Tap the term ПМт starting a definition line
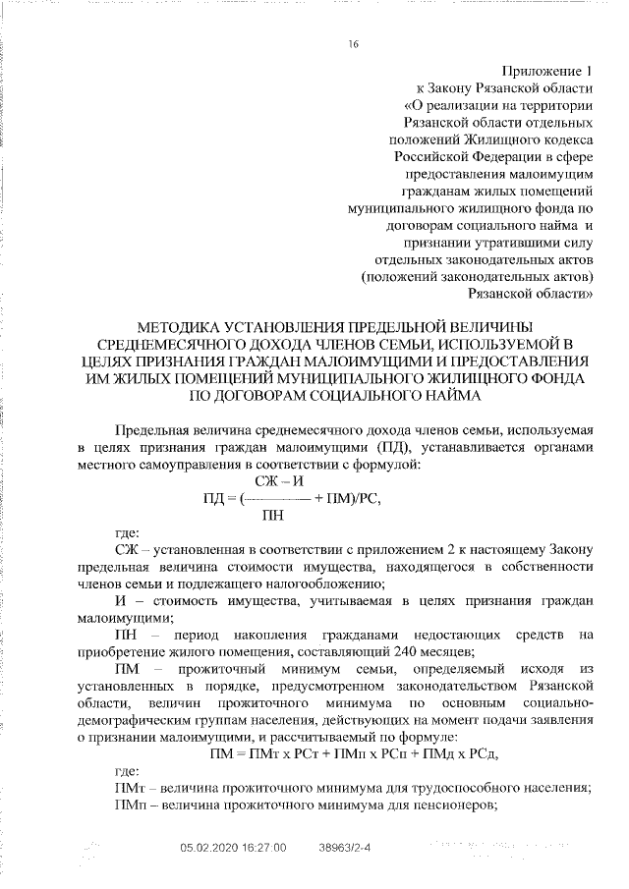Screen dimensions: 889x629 pos(129,787)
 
